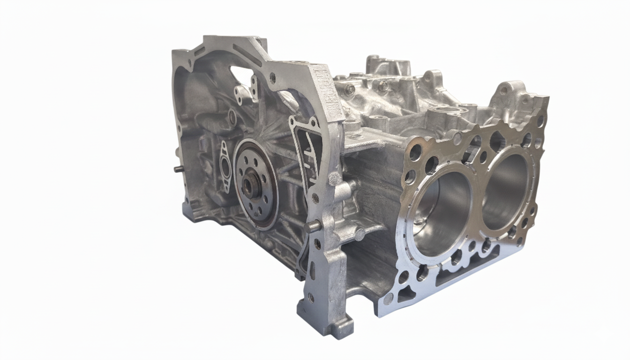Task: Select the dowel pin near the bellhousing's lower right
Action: pos(313,226)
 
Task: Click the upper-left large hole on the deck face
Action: pos(415,152)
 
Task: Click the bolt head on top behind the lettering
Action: pos(350,89)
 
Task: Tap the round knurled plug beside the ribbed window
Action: pos(334,179)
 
